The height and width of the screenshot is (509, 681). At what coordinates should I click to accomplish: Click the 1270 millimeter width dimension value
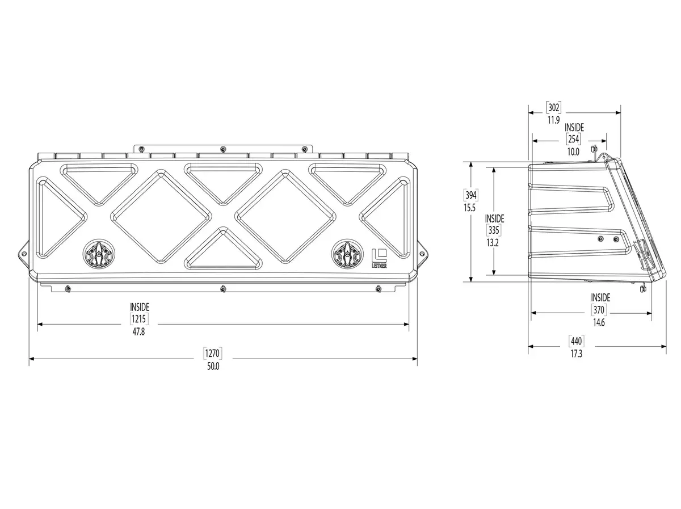point(212,353)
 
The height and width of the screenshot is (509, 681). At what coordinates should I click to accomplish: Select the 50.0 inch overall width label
point(213,367)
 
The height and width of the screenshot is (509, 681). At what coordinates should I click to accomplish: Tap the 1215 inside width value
point(138,318)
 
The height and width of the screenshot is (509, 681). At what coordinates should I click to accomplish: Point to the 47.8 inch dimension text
point(138,331)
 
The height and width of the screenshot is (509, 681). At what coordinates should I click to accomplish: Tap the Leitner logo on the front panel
point(379,258)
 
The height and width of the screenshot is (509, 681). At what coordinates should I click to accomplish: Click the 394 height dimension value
point(470,195)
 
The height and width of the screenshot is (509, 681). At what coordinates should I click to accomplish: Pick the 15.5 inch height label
point(470,208)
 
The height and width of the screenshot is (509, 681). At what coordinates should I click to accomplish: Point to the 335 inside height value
point(494,230)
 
